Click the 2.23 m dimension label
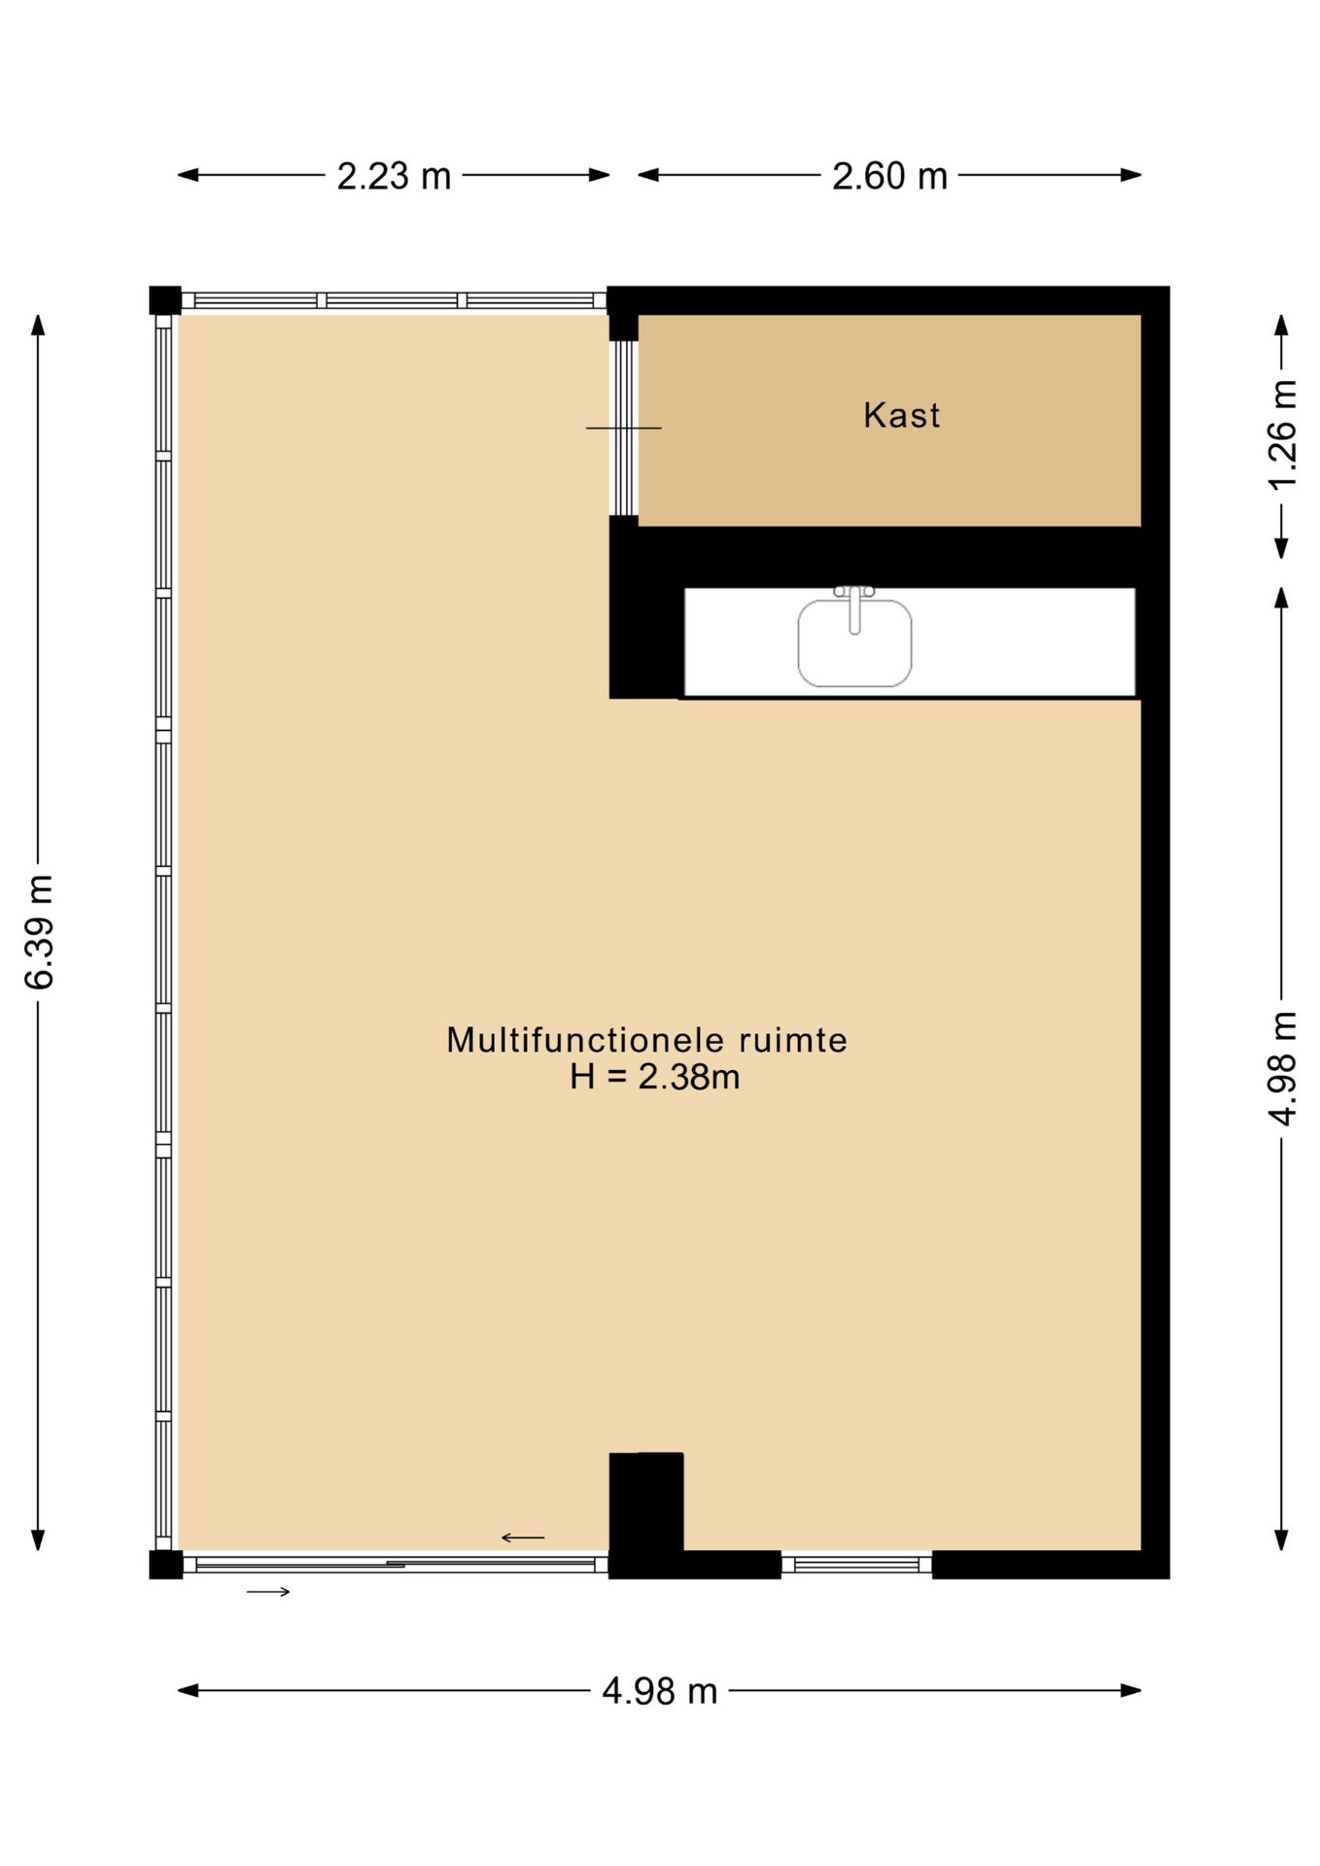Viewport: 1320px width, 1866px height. (x=394, y=176)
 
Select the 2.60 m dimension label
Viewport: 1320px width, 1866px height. (x=889, y=176)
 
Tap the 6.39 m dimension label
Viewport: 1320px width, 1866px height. (x=40, y=932)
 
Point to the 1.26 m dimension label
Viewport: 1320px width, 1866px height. (x=1283, y=434)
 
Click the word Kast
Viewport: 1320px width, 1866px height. (x=902, y=416)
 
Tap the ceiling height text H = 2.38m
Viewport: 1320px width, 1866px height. (x=655, y=1077)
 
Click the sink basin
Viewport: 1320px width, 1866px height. (x=855, y=642)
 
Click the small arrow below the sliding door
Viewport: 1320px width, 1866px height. (x=269, y=1591)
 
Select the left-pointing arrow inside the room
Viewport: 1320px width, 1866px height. (x=523, y=1538)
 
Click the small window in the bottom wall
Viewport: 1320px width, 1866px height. (x=856, y=1565)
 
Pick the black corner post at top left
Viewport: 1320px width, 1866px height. (x=165, y=300)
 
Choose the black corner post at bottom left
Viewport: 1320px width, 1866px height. (x=165, y=1565)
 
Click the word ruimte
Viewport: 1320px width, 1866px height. (x=793, y=1040)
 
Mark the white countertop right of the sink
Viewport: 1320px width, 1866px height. (x=1024, y=642)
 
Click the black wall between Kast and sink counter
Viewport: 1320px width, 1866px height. (x=888, y=557)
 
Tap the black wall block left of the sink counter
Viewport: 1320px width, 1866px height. (x=646, y=607)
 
